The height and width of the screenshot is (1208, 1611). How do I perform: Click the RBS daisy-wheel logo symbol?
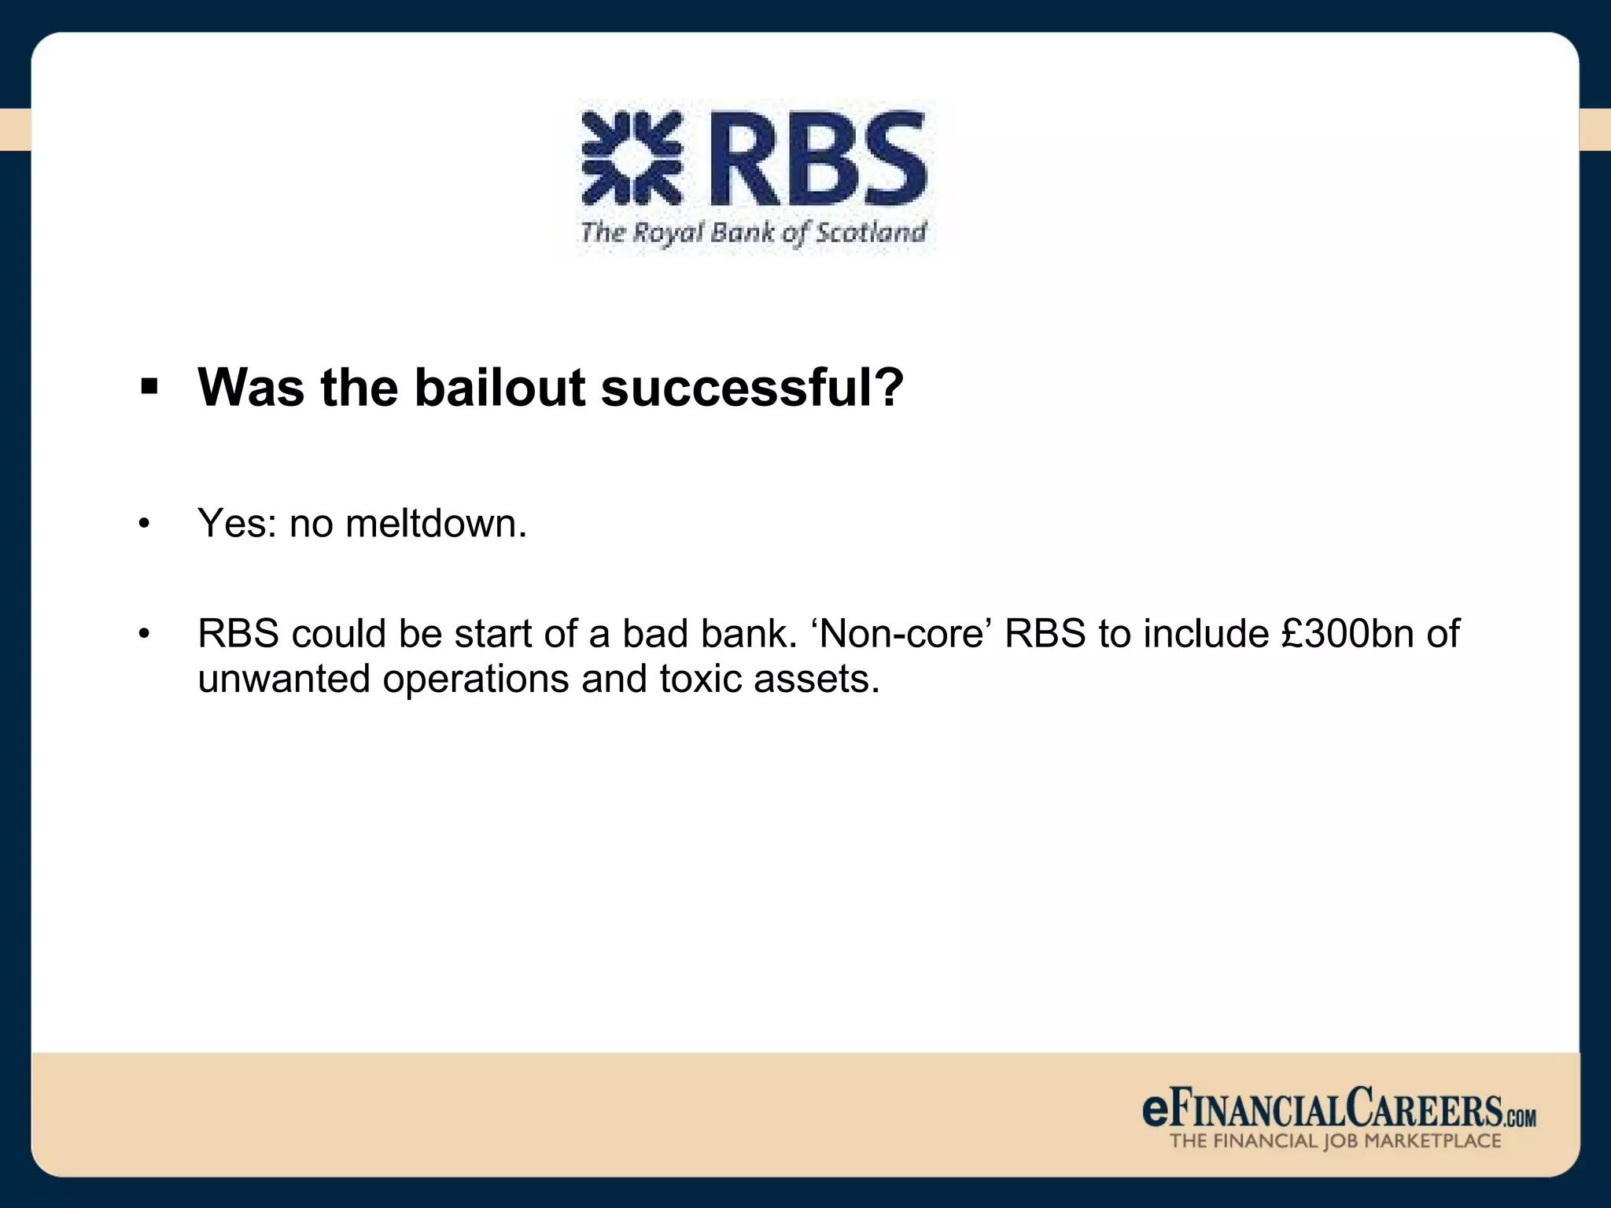click(x=631, y=158)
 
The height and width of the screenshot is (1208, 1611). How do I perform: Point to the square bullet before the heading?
click(x=149, y=387)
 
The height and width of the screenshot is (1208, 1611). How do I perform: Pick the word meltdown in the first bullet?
click(x=431, y=523)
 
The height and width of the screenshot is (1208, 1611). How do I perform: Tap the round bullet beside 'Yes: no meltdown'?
click(x=143, y=525)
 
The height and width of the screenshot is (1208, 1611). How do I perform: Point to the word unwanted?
click(x=283, y=679)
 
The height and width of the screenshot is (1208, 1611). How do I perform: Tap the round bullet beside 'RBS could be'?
click(x=143, y=634)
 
